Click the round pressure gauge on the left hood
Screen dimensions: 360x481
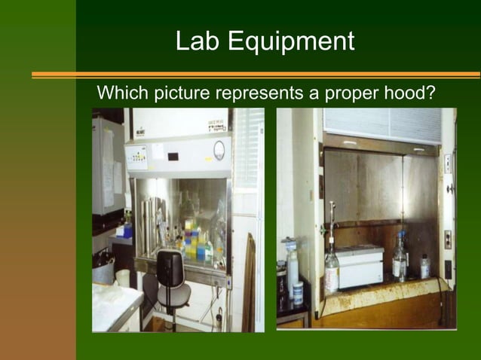(x=219, y=149)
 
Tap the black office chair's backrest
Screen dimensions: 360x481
(x=171, y=267)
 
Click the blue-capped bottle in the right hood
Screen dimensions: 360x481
(x=399, y=261)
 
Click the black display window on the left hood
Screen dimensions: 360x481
(x=173, y=157)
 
